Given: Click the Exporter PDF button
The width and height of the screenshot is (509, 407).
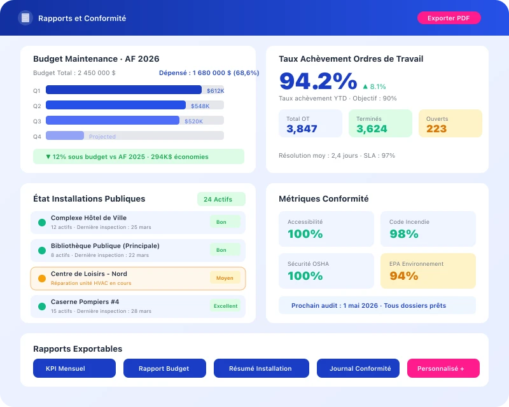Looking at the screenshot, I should pos(449,18).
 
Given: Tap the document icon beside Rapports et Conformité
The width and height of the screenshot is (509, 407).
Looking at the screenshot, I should pos(25,18).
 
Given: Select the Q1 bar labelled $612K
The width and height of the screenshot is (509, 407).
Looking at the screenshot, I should pos(123,90).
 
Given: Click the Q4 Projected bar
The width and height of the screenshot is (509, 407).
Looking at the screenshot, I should pos(65,135).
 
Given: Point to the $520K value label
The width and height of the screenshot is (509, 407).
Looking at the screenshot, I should pos(193,121).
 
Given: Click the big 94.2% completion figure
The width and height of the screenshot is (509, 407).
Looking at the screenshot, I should pos(317,81).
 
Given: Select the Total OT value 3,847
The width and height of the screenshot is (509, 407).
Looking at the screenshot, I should pos(302,128).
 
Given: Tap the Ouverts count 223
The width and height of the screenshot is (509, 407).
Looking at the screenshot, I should pos(436,128).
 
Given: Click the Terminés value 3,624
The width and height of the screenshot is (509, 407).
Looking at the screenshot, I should pos(372,128).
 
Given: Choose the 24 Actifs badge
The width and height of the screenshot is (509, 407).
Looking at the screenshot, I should pos(221,199).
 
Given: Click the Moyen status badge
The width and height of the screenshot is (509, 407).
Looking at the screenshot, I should pos(225,278).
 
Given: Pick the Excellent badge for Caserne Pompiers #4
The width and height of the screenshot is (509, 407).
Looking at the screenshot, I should pos(225,306).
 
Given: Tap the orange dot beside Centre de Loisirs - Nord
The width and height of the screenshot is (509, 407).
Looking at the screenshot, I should pos(42,279).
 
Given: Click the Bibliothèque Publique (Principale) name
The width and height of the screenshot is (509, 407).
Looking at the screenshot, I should pos(105,245).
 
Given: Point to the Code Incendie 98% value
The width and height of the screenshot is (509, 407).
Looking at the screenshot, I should pos(403,234).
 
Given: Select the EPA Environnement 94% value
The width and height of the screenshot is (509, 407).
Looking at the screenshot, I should pos(403,276).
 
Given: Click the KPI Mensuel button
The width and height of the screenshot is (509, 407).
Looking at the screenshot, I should pos(74,368).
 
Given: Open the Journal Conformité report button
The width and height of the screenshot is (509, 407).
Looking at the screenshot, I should pos(359,368).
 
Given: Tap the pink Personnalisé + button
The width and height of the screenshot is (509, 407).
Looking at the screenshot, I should pos(443,368).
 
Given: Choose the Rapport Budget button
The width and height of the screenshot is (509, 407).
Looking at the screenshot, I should pos(165,368).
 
